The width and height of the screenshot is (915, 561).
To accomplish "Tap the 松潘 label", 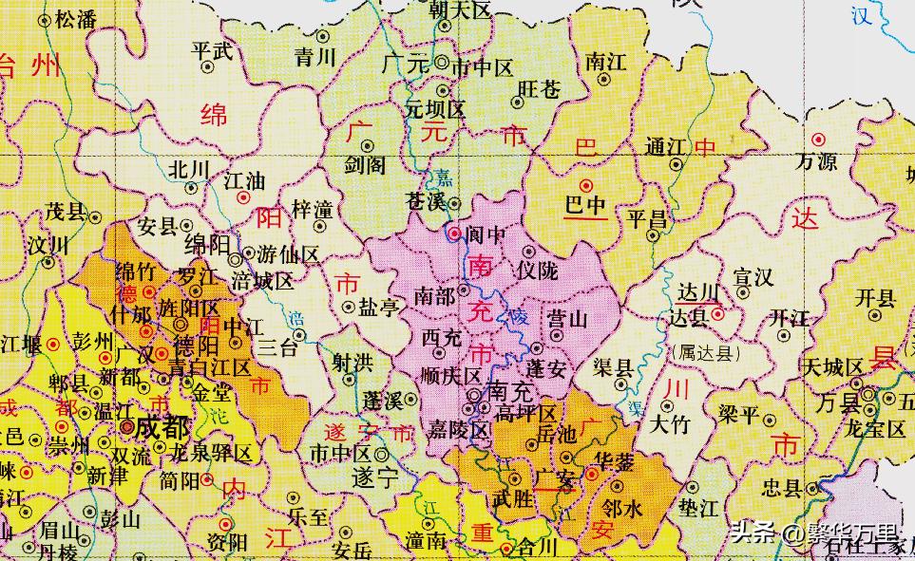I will pos(76,18).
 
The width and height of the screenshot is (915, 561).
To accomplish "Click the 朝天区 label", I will pos(459,10).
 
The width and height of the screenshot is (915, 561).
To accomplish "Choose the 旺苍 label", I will pos(539,88).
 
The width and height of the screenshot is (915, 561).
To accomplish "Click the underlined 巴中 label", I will pos(586,205).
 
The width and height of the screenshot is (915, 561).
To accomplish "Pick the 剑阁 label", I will pos(366,165).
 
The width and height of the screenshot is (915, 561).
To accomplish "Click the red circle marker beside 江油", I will pos(244,198).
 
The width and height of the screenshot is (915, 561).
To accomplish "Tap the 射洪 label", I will pos(352,362).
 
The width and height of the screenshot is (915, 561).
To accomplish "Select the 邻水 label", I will pos(622,509).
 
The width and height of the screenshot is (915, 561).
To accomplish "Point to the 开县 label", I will pos(874,298).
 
